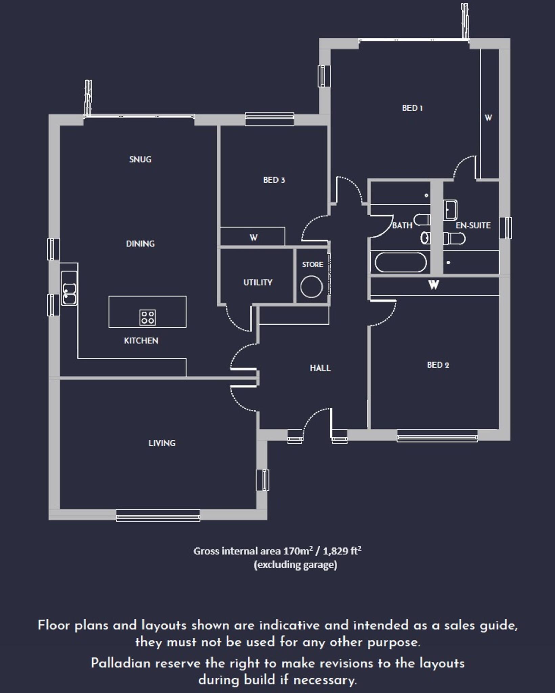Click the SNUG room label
tap(140, 159)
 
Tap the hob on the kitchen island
tap(148, 317)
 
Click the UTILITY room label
tap(258, 282)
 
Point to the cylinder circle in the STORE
tap(311, 287)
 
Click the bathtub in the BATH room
tap(401, 262)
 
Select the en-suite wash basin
tap(450, 209)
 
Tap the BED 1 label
tap(412, 108)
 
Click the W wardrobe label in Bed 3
tap(253, 238)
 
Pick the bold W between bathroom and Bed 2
tap(434, 285)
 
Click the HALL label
tap(320, 368)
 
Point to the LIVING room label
tap(162, 443)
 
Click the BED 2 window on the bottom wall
tap(437, 435)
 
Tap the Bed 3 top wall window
tap(270, 118)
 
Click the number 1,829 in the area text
tap(335, 551)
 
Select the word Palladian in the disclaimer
tap(120, 663)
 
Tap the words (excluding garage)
tap(295, 565)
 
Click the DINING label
tap(140, 244)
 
